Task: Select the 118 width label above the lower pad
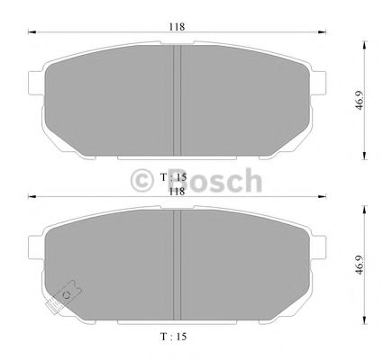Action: coord(177,190)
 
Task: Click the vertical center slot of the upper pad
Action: coord(178,99)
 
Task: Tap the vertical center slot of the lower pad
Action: coord(178,263)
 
